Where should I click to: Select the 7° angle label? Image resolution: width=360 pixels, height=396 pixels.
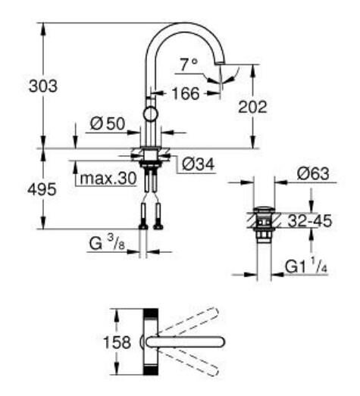(189, 65)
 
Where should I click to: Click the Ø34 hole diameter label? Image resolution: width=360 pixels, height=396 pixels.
(196, 163)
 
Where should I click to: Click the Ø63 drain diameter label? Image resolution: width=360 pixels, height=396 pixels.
(313, 175)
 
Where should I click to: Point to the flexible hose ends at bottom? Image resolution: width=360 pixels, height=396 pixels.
(151, 224)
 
